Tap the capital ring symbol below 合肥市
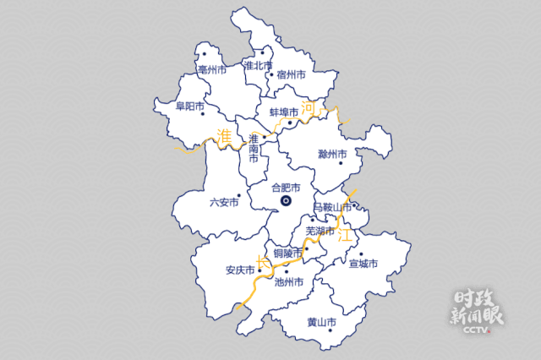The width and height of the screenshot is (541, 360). coord(286,201)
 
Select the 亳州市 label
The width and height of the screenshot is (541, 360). coord(211,70)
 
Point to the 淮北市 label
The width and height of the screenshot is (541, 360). coord(258,65)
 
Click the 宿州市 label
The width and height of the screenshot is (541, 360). coord(290,75)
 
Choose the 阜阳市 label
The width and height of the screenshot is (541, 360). coord(190,106)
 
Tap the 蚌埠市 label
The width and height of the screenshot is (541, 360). coord(284,112)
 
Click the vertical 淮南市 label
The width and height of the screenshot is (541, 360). coord(254,148)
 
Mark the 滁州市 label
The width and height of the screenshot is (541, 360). coord(333,155)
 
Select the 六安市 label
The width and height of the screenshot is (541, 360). coord(224,202)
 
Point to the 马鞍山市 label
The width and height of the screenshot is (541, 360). coord(332,207)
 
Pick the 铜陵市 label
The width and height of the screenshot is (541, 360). coord(288,252)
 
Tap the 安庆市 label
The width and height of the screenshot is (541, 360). coord(240,270)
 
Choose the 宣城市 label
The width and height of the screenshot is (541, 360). coord(363,264)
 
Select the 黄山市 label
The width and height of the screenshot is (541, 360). coord(321,322)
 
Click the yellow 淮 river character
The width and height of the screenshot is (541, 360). coord(224,136)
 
